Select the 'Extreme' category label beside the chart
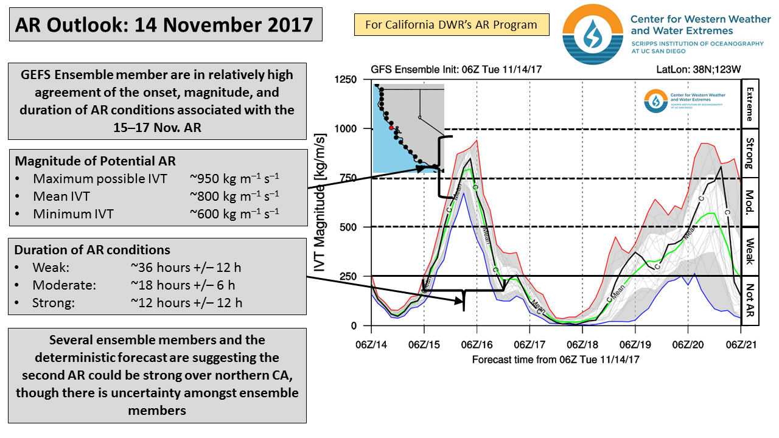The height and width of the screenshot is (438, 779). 749,103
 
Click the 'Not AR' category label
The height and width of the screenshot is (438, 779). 749,301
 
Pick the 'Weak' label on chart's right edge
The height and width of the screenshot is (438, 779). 749,251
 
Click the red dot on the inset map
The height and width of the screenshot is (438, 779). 392,128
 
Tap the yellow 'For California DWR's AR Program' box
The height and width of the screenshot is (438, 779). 451,25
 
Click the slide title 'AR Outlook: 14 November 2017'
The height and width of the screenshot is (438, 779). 164,25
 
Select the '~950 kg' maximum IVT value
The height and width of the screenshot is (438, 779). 234,179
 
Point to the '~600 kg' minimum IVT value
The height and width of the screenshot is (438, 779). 234,214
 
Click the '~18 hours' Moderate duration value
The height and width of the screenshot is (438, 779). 183,285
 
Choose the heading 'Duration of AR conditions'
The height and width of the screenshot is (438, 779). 93,250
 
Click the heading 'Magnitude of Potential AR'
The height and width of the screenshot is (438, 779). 95,161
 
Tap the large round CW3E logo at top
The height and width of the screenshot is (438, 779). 592,34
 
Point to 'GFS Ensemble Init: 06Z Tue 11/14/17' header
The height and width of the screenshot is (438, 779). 455,69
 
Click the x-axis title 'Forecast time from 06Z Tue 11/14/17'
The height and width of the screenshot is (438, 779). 556,360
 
